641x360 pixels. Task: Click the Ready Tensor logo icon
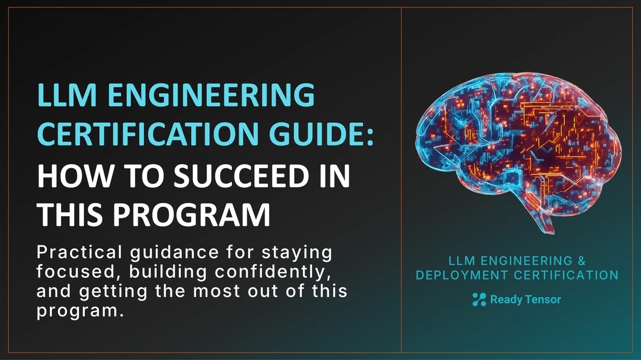[x=479, y=300]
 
